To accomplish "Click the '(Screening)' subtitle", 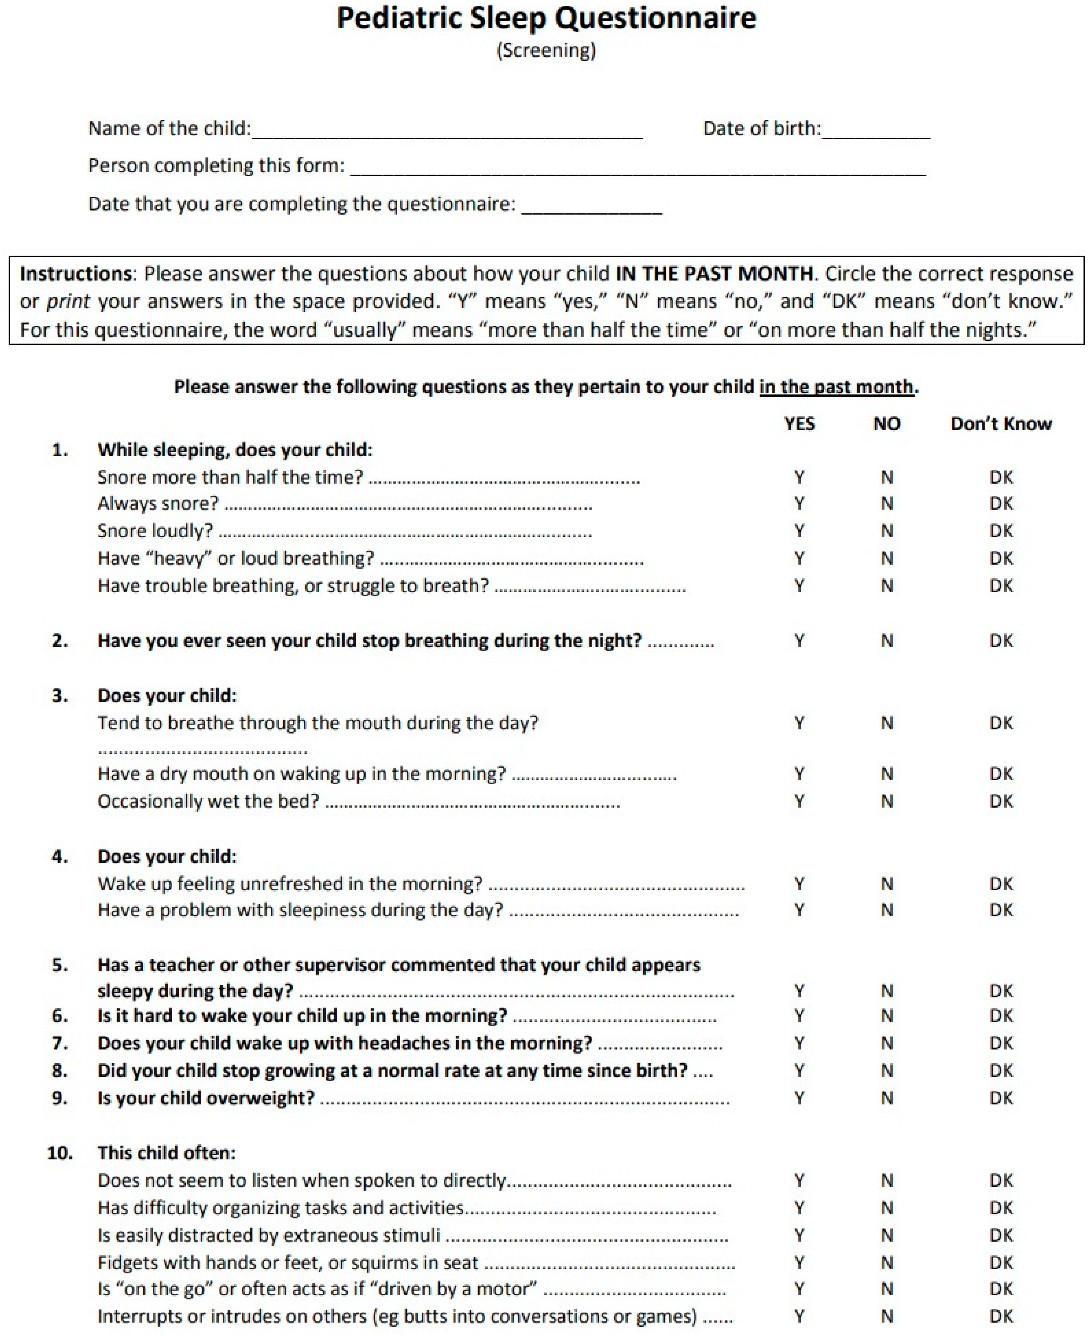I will (x=546, y=50).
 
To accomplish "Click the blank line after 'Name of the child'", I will (x=447, y=131).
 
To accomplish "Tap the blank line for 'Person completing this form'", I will (x=637, y=168).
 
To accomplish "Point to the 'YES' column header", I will (x=799, y=424).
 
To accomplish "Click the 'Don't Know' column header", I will (x=1001, y=424).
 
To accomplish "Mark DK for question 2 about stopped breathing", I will (x=1001, y=641).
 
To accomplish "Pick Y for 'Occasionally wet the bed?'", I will (x=799, y=801).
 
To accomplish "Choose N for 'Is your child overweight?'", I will (x=886, y=1098).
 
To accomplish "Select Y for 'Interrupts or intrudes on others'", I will (x=799, y=1316).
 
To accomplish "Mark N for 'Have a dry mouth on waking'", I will (x=886, y=773).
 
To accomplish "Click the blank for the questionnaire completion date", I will (x=591, y=206).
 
